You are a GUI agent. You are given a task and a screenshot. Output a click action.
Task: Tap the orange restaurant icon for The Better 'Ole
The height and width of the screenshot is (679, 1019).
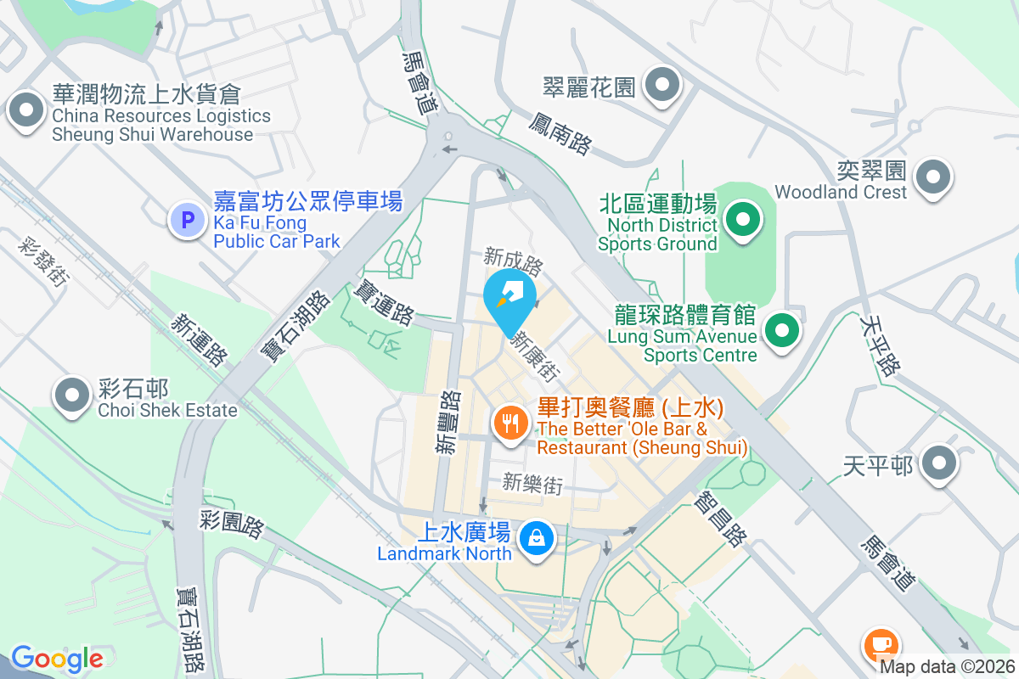(x=510, y=423)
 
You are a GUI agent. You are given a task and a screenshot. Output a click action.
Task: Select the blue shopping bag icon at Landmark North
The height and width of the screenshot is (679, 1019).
(x=537, y=538)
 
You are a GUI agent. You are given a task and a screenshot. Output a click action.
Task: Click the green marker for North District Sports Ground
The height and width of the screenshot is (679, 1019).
(x=744, y=219)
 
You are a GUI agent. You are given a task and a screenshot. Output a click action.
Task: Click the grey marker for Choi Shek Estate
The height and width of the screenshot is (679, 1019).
(x=72, y=395)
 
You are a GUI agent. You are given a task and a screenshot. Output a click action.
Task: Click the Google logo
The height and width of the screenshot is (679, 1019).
(x=57, y=659)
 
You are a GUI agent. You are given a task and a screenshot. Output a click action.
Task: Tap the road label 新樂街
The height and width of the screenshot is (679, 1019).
(x=532, y=484)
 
